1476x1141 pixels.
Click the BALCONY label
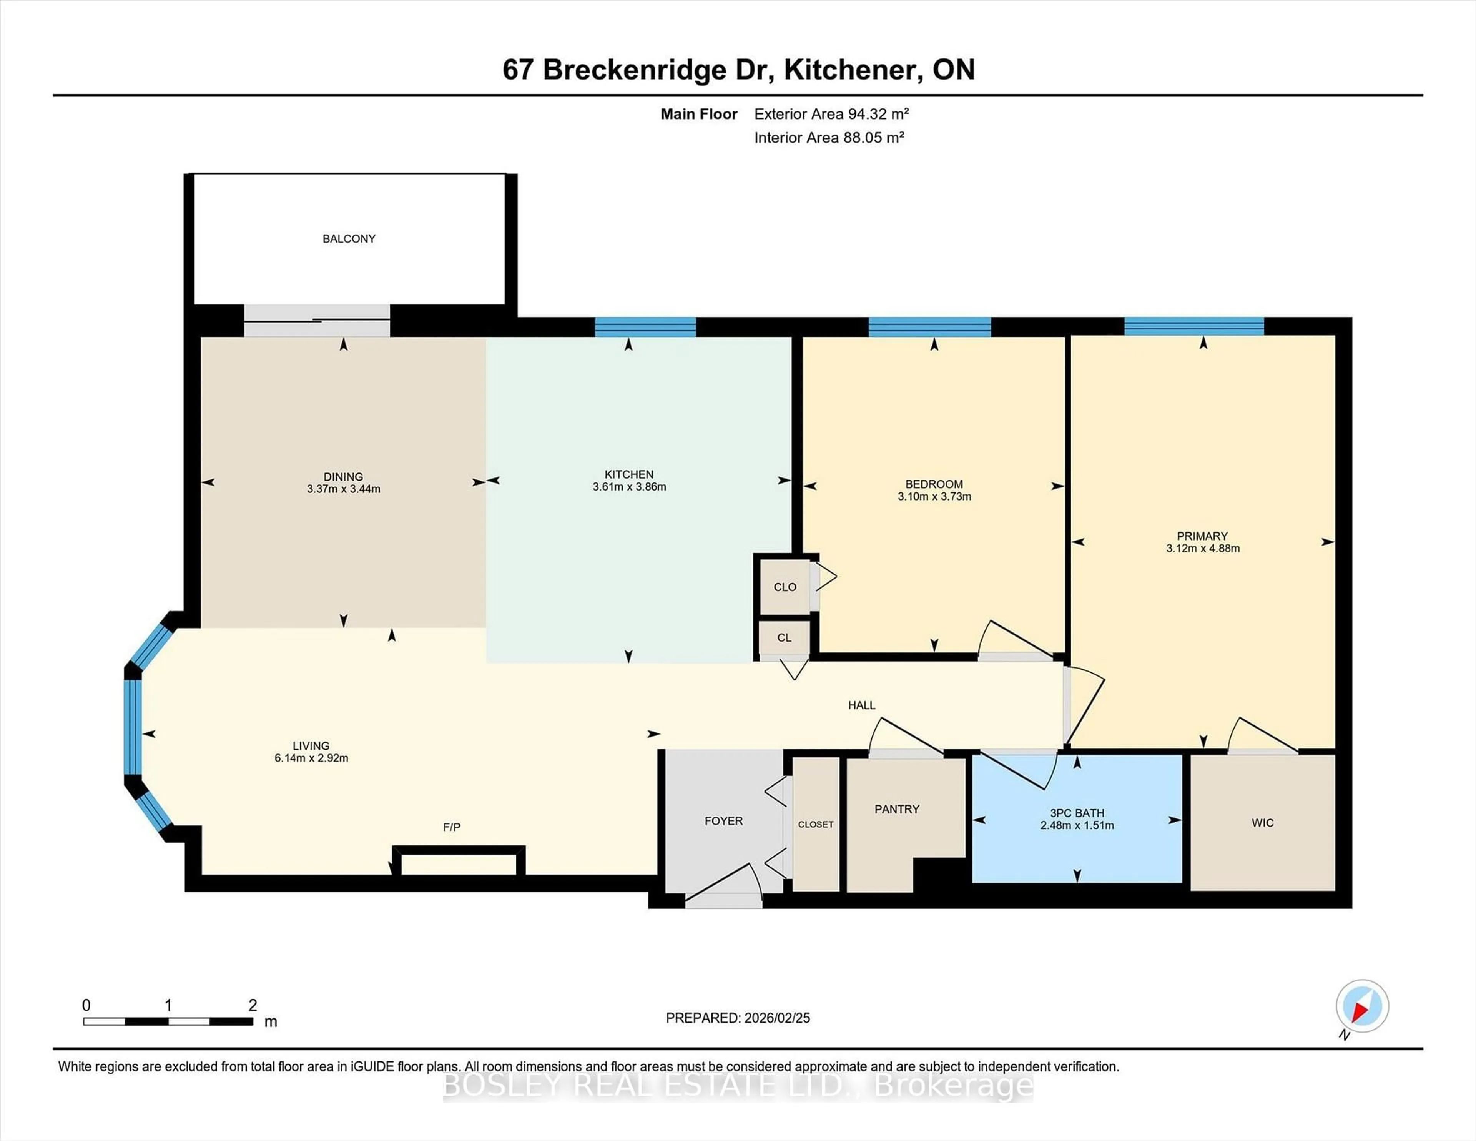[x=349, y=239]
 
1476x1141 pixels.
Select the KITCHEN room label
[x=628, y=474]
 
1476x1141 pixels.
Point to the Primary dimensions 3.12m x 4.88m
[x=1202, y=548]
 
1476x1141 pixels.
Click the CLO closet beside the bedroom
[x=785, y=587]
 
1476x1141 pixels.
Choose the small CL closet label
[x=784, y=637]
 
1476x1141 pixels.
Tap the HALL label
[x=862, y=705]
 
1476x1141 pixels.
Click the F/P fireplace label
[x=452, y=827]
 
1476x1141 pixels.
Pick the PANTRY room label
[x=897, y=809]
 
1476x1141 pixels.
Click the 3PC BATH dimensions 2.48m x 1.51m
[x=1077, y=825]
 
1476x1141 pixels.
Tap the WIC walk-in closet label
[x=1262, y=823]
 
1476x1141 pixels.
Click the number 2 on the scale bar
[x=253, y=1005]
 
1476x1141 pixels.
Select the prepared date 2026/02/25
[x=775, y=1018]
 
